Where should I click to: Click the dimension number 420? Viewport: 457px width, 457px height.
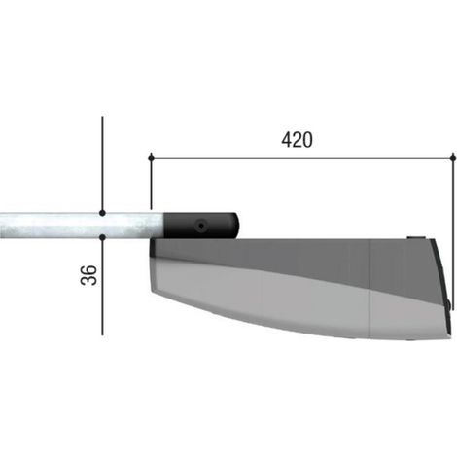[x=297, y=140]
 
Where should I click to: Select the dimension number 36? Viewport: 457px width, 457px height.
[x=88, y=275]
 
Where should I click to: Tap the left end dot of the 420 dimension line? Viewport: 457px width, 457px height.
[x=151, y=158]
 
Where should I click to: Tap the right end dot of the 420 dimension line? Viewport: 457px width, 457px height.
[x=453, y=158]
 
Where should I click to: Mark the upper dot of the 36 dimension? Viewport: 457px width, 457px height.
[x=102, y=213]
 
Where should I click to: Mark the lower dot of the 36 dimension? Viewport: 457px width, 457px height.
[x=102, y=237]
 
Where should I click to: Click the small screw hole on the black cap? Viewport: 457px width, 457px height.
[x=201, y=225]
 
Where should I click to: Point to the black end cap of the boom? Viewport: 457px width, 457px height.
[x=201, y=226]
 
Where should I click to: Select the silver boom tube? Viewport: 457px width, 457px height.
[x=82, y=226]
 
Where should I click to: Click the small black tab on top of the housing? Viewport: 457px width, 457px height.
[x=417, y=238]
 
